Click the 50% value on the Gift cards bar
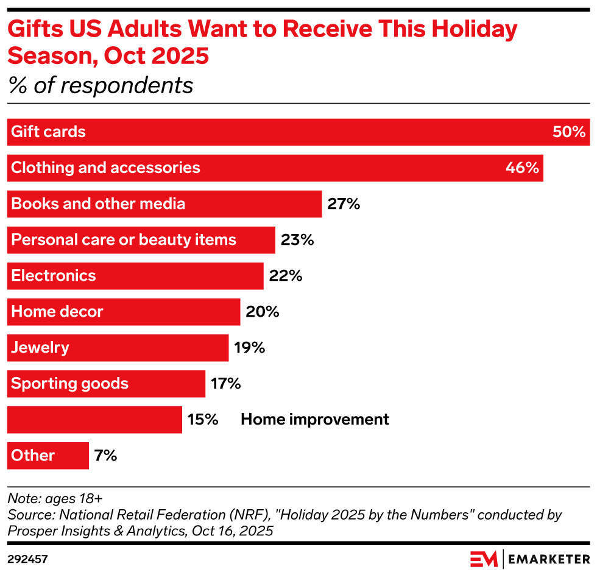(x=568, y=132)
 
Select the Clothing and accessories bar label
(x=105, y=168)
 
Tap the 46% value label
(x=522, y=168)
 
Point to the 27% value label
(x=344, y=204)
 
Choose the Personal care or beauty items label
(x=124, y=240)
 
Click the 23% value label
(x=297, y=240)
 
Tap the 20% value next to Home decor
(x=263, y=312)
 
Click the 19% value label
(x=250, y=348)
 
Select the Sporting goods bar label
(x=70, y=384)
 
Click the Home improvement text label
(x=314, y=420)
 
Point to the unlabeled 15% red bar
(x=94, y=420)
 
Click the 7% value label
(x=105, y=456)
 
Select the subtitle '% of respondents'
(x=101, y=86)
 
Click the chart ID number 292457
(x=28, y=559)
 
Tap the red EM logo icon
(x=484, y=559)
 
